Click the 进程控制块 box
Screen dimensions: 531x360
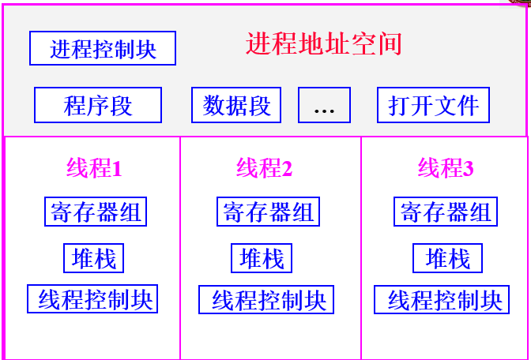tap(103, 49)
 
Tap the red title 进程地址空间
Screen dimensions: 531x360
tap(324, 43)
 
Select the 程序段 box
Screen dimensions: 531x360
tap(98, 105)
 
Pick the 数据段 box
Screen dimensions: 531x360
tap(236, 105)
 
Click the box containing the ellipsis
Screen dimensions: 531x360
tap(324, 105)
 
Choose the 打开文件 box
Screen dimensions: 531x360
tap(434, 105)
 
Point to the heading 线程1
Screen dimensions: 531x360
tap(94, 168)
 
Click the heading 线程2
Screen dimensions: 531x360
tap(264, 168)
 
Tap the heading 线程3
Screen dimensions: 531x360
tap(446, 168)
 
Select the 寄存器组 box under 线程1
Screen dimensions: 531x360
tap(96, 212)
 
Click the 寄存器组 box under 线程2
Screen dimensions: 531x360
tap(268, 212)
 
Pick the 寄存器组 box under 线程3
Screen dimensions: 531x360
tap(446, 212)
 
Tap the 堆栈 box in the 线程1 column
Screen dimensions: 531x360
tap(93, 258)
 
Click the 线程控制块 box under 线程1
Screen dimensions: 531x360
tap(92, 299)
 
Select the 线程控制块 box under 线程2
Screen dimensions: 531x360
tap(266, 300)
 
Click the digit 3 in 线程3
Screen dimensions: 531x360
tap(469, 169)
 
